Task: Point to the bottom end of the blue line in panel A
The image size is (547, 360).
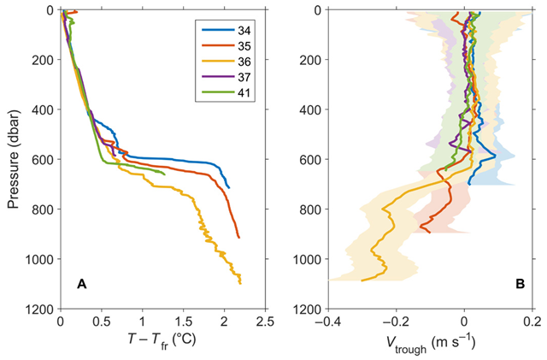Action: (228, 187)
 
